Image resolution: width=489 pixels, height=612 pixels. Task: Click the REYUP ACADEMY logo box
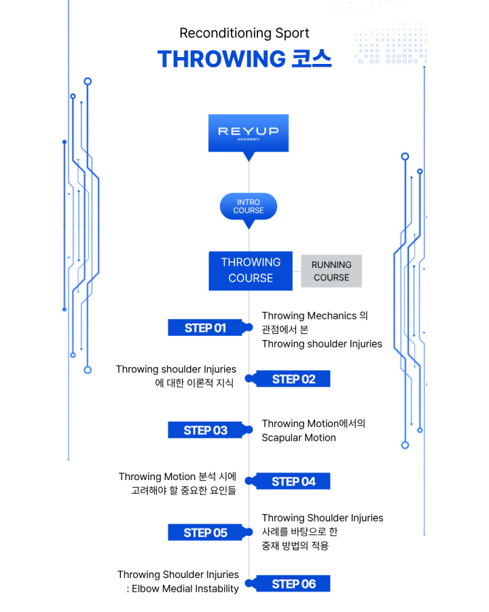click(x=248, y=133)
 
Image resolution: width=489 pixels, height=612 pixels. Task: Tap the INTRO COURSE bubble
click(x=249, y=206)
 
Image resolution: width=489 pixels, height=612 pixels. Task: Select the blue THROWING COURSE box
click(x=250, y=270)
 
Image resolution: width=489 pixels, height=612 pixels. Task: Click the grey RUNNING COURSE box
click(x=331, y=271)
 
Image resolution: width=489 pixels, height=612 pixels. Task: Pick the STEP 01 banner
click(x=205, y=328)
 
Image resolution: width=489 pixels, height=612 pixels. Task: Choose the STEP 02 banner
click(x=293, y=379)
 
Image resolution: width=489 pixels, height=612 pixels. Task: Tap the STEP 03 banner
click(x=205, y=430)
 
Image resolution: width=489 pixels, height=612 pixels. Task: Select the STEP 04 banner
click(x=293, y=481)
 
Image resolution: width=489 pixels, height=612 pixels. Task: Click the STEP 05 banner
click(x=205, y=532)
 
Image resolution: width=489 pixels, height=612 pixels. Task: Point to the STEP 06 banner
click(x=293, y=583)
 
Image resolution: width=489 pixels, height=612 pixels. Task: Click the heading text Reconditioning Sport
click(x=244, y=33)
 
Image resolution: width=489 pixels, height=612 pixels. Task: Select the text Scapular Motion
click(x=299, y=438)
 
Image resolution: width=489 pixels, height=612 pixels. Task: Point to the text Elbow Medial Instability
click(x=186, y=589)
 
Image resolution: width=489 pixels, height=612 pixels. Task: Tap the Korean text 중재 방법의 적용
click(x=295, y=545)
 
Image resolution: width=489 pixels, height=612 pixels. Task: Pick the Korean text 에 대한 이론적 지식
click(x=194, y=384)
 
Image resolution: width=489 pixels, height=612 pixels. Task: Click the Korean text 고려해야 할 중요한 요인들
click(x=183, y=490)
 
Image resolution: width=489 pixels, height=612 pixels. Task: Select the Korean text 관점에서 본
click(x=285, y=330)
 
